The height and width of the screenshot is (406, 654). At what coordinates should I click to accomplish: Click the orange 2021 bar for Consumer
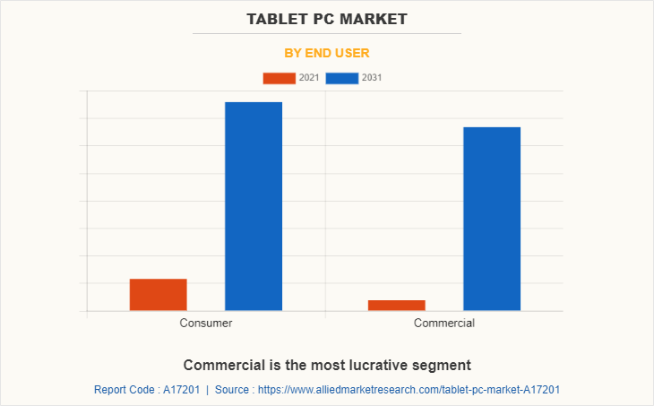tap(158, 295)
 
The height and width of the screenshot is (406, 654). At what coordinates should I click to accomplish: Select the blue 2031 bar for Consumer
tap(253, 206)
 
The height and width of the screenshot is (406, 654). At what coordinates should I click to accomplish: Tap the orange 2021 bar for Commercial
tap(396, 306)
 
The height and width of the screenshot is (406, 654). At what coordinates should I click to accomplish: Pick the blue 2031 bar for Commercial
tap(491, 219)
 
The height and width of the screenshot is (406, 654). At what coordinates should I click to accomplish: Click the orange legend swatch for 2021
tap(279, 78)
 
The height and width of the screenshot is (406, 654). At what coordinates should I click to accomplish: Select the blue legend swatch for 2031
tap(341, 78)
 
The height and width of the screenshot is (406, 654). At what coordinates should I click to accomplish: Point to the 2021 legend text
tap(309, 78)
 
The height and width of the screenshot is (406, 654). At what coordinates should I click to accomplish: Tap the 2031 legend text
tap(372, 78)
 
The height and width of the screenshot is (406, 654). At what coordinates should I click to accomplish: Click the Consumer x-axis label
tap(205, 323)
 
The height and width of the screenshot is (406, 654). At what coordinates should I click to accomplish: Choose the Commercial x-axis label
tap(443, 323)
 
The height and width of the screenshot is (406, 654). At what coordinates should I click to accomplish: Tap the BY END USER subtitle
tap(326, 53)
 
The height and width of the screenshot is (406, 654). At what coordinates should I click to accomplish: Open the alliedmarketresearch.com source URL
tap(408, 390)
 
